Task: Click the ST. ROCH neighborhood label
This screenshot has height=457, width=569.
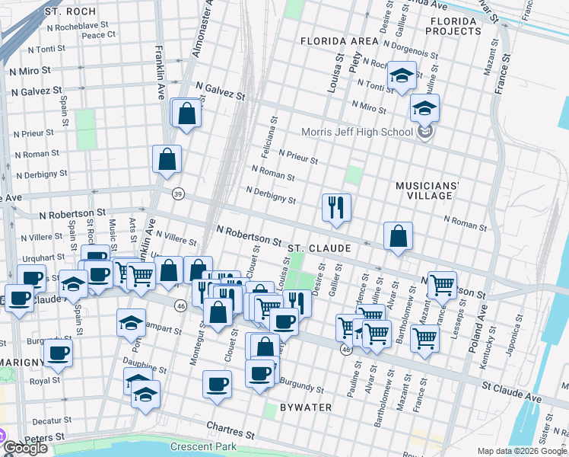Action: [x=70, y=12]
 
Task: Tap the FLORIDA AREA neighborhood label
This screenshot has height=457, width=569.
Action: [x=339, y=40]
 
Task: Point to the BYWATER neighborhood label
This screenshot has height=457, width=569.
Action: [x=305, y=407]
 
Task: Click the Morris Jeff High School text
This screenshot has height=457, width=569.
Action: [x=356, y=132]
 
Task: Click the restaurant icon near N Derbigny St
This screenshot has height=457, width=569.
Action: [x=335, y=207]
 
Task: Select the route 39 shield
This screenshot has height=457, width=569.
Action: [x=178, y=193]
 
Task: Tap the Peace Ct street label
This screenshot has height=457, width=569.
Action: [x=98, y=34]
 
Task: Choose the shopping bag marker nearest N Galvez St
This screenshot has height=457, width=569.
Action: [x=186, y=114]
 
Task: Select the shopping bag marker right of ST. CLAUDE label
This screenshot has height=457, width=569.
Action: [x=398, y=237]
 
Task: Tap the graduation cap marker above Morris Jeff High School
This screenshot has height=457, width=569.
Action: [x=424, y=107]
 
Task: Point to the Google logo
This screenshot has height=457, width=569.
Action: [x=26, y=448]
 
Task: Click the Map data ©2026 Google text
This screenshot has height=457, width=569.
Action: [x=521, y=451]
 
